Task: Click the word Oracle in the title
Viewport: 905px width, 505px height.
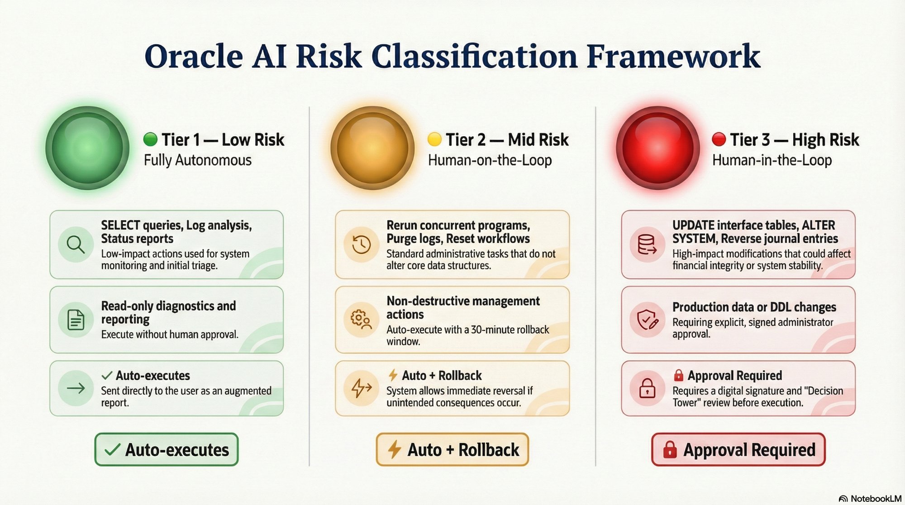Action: click(194, 57)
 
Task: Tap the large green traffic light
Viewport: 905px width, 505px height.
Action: click(87, 148)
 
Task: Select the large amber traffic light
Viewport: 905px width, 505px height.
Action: click(372, 148)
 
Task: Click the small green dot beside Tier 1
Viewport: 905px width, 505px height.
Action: click(150, 139)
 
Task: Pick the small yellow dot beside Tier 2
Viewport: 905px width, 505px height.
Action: click(434, 139)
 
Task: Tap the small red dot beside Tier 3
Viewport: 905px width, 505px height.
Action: click(719, 139)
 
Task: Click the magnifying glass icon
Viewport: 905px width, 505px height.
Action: click(76, 244)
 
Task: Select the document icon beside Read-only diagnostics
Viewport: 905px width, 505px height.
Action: click(76, 319)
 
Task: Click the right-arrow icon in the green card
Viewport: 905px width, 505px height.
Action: click(76, 388)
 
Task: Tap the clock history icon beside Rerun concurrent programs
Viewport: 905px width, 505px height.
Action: click(361, 244)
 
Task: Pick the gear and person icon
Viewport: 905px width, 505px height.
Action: click(361, 319)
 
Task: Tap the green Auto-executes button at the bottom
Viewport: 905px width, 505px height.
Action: click(167, 449)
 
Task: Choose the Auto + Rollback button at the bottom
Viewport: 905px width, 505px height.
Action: click(452, 449)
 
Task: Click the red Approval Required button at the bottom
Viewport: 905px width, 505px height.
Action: click(738, 449)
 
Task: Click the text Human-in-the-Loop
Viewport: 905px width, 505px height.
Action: click(772, 160)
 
